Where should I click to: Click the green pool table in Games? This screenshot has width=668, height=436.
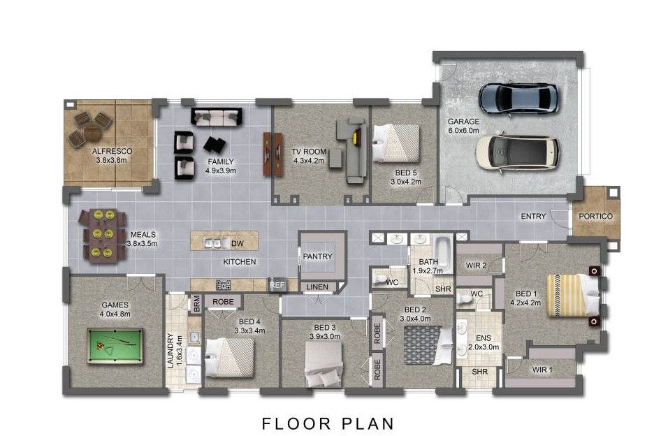coord(115,346)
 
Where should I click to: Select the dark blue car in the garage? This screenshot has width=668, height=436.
coord(518,99)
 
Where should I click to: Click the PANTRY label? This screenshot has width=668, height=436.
coord(317,256)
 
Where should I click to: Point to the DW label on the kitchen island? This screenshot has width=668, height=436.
coord(238,243)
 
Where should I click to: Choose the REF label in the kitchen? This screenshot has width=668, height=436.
coord(277,285)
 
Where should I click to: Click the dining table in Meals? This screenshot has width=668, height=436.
coord(103,235)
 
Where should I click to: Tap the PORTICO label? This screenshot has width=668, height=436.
coord(595,216)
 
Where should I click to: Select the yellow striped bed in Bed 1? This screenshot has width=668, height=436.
coord(573,296)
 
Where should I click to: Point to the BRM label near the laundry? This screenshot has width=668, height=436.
coord(197,304)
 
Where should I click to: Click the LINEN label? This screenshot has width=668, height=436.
coord(317,287)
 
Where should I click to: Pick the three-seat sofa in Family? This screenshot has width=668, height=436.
coord(216,117)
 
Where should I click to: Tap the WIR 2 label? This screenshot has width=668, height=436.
coord(476,265)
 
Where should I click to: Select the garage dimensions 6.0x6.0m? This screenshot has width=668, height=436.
coord(463,131)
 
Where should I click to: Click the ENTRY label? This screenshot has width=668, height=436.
coord(533,216)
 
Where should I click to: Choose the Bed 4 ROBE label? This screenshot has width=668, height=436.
coord(223,301)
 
